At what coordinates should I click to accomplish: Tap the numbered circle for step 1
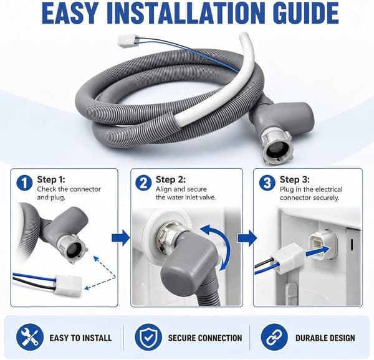pyautogui.click(x=24, y=183)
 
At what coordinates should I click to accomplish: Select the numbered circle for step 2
pyautogui.click(x=143, y=183)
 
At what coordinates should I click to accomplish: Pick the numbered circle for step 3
pyautogui.click(x=267, y=183)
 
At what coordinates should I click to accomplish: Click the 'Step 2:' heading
pyautogui.click(x=171, y=179)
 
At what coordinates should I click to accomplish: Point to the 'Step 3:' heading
pyautogui.click(x=295, y=179)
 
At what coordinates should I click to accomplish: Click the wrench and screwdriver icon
pyautogui.click(x=30, y=338)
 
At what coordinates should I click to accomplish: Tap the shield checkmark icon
pyautogui.click(x=148, y=338)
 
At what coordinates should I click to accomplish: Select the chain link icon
pyautogui.click(x=274, y=338)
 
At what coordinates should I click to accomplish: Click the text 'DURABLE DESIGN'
pyautogui.click(x=325, y=338)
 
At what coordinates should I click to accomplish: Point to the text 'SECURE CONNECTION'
pyautogui.click(x=205, y=338)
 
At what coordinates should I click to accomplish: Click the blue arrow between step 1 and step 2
pyautogui.click(x=121, y=237)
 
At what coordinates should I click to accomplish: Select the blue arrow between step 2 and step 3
pyautogui.click(x=247, y=238)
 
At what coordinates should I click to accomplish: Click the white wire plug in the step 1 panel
pyautogui.click(x=69, y=285)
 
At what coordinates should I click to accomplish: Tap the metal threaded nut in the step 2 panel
pyautogui.click(x=169, y=236)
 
